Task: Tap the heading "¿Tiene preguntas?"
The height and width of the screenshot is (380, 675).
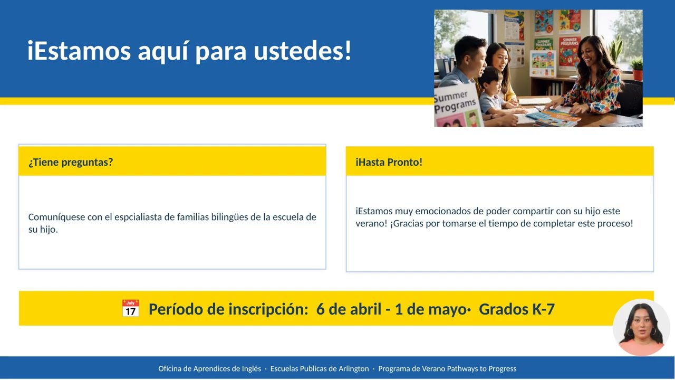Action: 71,162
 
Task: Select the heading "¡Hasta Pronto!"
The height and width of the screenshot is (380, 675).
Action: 389,162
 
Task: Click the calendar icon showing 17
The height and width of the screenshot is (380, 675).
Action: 130,308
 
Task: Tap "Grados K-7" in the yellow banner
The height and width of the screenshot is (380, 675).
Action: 516,309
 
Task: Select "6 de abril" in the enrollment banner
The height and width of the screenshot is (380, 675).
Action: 349,309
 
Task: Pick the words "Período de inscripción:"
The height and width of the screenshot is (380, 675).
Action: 228,309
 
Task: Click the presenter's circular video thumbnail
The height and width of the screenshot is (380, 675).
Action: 641,327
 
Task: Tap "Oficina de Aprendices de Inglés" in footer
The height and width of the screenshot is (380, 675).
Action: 209,368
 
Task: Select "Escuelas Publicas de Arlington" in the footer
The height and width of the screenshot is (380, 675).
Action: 320,368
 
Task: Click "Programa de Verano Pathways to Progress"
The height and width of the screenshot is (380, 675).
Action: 447,368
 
